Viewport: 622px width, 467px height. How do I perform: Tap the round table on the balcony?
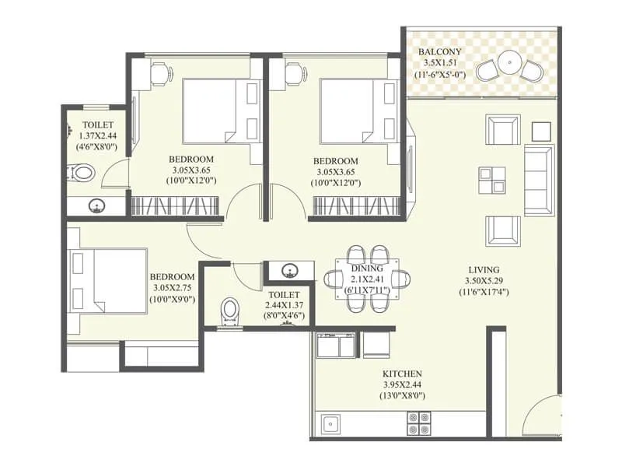[510, 60]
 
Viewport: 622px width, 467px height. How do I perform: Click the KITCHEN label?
[402, 374]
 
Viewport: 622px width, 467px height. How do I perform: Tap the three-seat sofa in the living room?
[538, 180]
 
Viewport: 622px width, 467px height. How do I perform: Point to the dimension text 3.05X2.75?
[172, 288]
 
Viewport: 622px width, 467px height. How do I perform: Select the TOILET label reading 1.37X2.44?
[97, 125]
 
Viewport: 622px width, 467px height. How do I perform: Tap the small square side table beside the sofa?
[541, 128]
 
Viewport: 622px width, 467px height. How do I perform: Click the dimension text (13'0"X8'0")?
[402, 396]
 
